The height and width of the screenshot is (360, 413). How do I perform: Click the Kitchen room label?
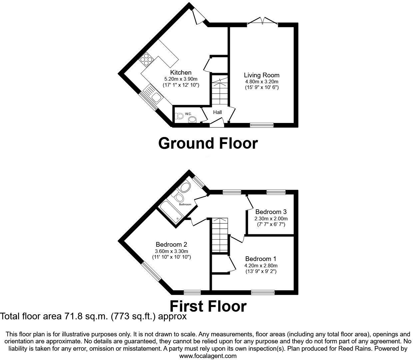pos(181,73)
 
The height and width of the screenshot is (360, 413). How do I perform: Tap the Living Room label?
pos(261,75)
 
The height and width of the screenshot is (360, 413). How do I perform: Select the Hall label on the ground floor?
pos(217,112)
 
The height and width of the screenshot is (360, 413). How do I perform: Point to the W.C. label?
pos(188,114)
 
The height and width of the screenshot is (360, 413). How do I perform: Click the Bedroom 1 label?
pos(260,259)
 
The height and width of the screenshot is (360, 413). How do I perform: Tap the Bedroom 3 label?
pos(271,212)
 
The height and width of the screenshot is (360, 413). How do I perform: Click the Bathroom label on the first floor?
pos(185,204)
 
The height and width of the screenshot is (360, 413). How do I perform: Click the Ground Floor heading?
pos(208,143)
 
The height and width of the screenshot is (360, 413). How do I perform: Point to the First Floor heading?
pos(208,306)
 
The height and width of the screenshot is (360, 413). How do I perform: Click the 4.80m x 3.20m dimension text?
pos(261,81)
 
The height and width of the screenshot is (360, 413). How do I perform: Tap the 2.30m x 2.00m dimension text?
pos(271,219)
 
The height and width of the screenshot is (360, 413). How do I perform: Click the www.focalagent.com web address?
pos(208,356)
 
